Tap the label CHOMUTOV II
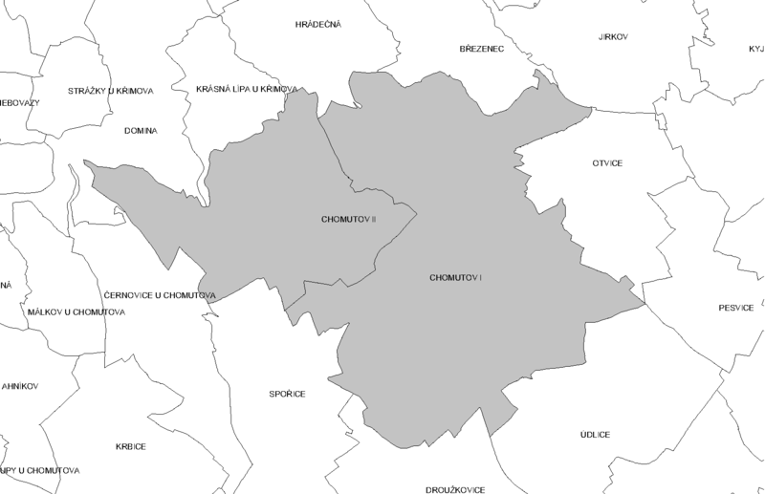click(350, 220)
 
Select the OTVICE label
click(607, 163)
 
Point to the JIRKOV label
click(612, 37)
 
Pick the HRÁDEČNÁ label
click(319, 24)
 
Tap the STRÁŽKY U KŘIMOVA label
click(111, 91)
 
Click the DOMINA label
click(140, 130)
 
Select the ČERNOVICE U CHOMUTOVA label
click(158, 295)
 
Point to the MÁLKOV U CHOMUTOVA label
click(76, 312)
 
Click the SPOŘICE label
click(286, 393)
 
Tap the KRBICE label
click(130, 446)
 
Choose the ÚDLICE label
click(595, 434)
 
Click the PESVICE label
click(736, 308)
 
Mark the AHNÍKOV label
click(19, 386)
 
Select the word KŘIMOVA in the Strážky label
click(133, 91)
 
